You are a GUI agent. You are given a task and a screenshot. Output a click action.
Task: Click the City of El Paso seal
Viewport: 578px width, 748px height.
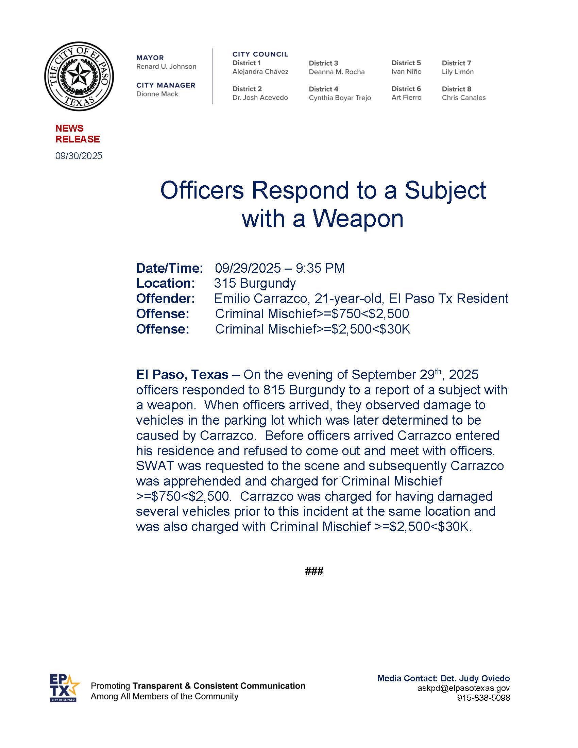pyautogui.click(x=79, y=76)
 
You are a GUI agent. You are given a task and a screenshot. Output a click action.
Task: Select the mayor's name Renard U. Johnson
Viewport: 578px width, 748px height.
pyautogui.click(x=166, y=66)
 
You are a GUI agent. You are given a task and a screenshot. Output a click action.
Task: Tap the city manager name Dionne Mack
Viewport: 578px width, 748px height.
pyautogui.click(x=157, y=94)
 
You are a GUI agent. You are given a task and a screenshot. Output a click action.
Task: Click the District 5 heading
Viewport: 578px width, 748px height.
pyautogui.click(x=406, y=63)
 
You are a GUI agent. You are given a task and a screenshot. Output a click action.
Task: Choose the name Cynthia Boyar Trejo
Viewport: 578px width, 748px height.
pyautogui.click(x=340, y=98)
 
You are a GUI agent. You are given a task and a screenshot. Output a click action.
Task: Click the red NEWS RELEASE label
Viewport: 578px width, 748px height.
pyautogui.click(x=78, y=134)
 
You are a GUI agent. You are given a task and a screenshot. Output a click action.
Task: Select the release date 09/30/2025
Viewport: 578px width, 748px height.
pyautogui.click(x=79, y=156)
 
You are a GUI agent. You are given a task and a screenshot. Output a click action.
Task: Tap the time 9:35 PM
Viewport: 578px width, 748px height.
pyautogui.click(x=320, y=268)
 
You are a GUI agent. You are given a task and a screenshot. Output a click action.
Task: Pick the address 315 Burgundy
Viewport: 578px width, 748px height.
pyautogui.click(x=255, y=283)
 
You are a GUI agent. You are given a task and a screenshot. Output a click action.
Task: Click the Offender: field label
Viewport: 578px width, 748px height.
pyautogui.click(x=165, y=299)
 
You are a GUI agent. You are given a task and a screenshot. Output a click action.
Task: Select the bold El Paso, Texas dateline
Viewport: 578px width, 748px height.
pyautogui.click(x=182, y=375)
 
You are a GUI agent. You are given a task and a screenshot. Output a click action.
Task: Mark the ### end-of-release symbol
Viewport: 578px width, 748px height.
pyautogui.click(x=314, y=571)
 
